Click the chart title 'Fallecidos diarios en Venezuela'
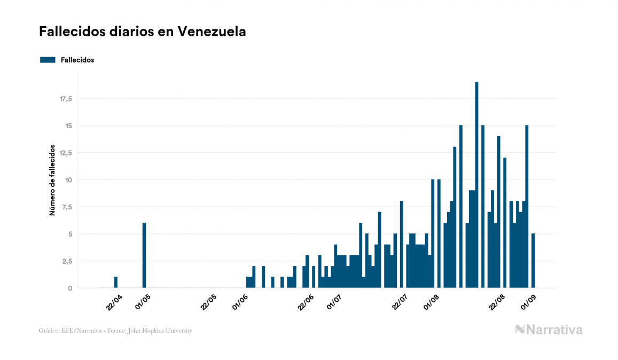pos(142,32)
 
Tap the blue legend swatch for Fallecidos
pos(48,60)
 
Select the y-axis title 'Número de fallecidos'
pos(52,179)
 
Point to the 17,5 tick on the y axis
pos(66,99)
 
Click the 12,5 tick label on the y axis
pos(66,153)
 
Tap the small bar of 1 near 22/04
pos(116,283)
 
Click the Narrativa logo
pos(549,330)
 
